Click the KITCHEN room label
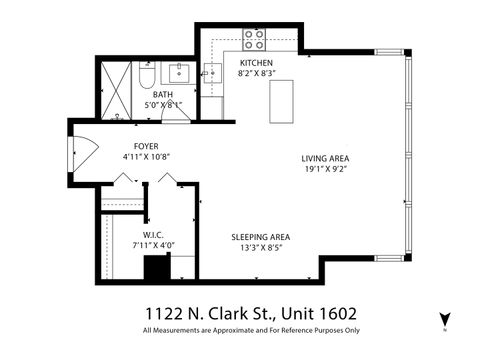pyautogui.click(x=256, y=63)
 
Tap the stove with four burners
pyautogui.click(x=255, y=40)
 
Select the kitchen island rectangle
pyautogui.click(x=282, y=101)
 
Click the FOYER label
pyautogui.click(x=147, y=146)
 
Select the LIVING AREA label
pyautogui.click(x=325, y=158)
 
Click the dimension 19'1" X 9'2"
pyautogui.click(x=325, y=169)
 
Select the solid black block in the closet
pyautogui.click(x=155, y=271)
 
